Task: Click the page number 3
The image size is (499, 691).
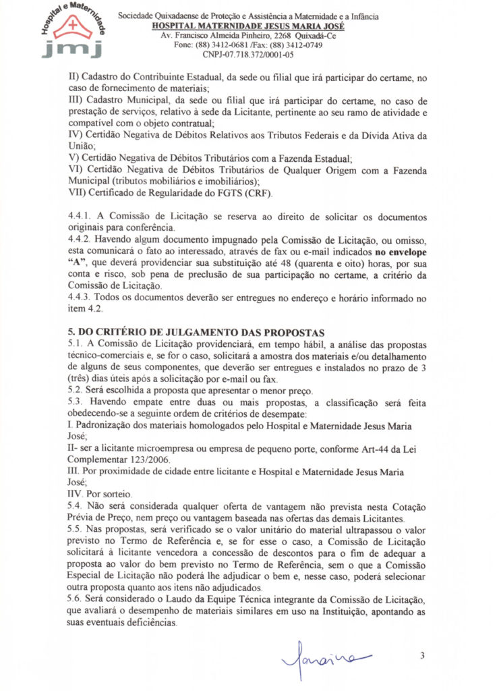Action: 422,655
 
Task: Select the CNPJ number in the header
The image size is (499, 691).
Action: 247,55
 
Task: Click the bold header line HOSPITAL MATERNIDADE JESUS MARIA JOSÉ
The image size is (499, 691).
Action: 249,26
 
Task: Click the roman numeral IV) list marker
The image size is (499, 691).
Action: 78,136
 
